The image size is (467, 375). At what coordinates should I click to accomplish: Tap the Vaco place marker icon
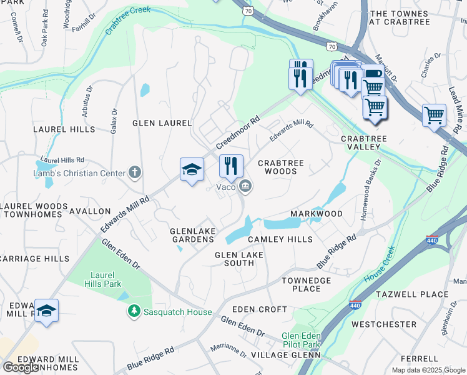pyautogui.click(x=246, y=186)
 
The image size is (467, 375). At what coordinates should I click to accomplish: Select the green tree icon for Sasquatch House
pyautogui.click(x=133, y=311)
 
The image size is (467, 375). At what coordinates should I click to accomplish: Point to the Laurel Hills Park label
pyautogui.click(x=102, y=278)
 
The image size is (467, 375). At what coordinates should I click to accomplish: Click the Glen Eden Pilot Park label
pyautogui.click(x=302, y=340)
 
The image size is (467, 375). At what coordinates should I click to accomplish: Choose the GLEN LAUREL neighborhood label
pyautogui.click(x=162, y=123)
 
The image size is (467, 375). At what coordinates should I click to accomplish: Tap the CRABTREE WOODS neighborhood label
pyautogui.click(x=281, y=167)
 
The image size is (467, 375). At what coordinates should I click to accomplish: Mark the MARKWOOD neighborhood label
pyautogui.click(x=317, y=214)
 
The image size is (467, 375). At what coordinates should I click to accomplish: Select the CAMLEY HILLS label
pyautogui.click(x=280, y=239)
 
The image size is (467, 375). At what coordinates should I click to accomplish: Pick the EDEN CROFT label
pyautogui.click(x=259, y=309)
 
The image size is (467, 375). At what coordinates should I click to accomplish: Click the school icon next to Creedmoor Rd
pyautogui.click(x=192, y=169)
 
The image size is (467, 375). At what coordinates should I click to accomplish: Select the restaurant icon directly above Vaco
pyautogui.click(x=231, y=166)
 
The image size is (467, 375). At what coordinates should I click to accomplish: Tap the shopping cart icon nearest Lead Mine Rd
pyautogui.click(x=434, y=115)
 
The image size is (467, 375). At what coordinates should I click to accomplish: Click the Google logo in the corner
pyautogui.click(x=21, y=367)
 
